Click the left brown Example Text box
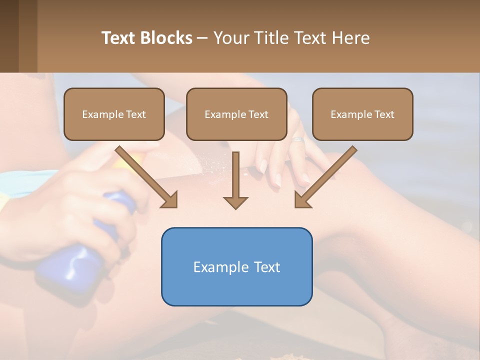pyautogui.click(x=114, y=114)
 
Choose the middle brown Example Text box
pyautogui.click(x=236, y=114)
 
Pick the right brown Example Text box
pyautogui.click(x=362, y=114)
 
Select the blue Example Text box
pyautogui.click(x=236, y=266)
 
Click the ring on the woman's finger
pyautogui.click(x=298, y=139)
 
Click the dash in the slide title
pyautogui.click(x=202, y=38)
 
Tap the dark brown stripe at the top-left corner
pyautogui.click(x=9, y=36)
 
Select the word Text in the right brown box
pyautogui.click(x=384, y=114)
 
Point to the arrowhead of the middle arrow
pyautogui.click(x=235, y=202)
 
